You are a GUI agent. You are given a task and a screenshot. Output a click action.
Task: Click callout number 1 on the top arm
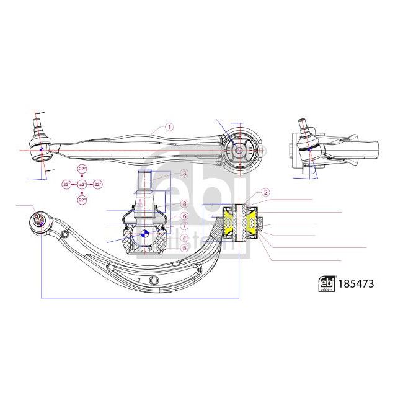170,126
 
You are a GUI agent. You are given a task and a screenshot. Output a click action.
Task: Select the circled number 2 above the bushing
265,193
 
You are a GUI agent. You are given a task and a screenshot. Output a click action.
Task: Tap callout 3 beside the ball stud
184,174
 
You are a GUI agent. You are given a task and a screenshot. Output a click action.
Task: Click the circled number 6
184,215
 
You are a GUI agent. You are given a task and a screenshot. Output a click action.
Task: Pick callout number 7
184,226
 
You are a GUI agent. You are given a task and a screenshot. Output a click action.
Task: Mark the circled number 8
184,204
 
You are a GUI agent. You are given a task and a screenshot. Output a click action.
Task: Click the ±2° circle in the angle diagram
82,184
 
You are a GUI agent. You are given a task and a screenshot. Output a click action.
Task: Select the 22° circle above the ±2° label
82,169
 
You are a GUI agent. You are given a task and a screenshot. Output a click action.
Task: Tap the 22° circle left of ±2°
66,184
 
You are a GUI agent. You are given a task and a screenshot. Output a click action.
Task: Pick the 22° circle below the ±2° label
82,199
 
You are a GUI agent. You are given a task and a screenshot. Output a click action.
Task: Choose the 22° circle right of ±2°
97,184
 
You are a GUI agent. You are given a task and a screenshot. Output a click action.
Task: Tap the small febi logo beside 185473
326,283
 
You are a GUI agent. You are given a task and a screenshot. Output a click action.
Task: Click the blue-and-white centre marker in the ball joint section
144,233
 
